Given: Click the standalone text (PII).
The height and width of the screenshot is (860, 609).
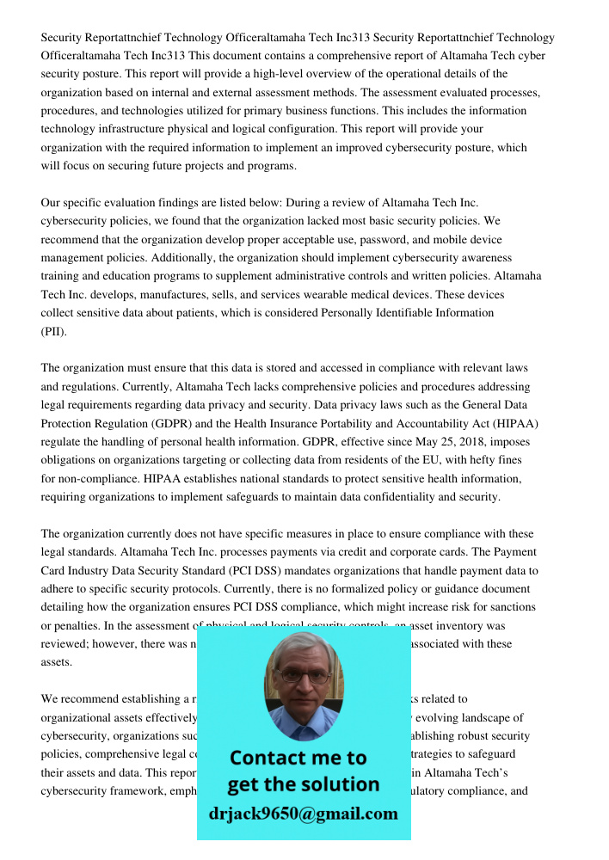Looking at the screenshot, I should pos(53,331).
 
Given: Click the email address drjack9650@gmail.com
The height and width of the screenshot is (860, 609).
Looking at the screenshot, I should pos(303,814).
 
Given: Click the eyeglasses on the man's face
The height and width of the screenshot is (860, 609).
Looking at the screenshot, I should pos(303,674).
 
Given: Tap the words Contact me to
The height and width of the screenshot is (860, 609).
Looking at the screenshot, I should pos(298,758).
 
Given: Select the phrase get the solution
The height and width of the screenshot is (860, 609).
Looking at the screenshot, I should pos(303,785).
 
